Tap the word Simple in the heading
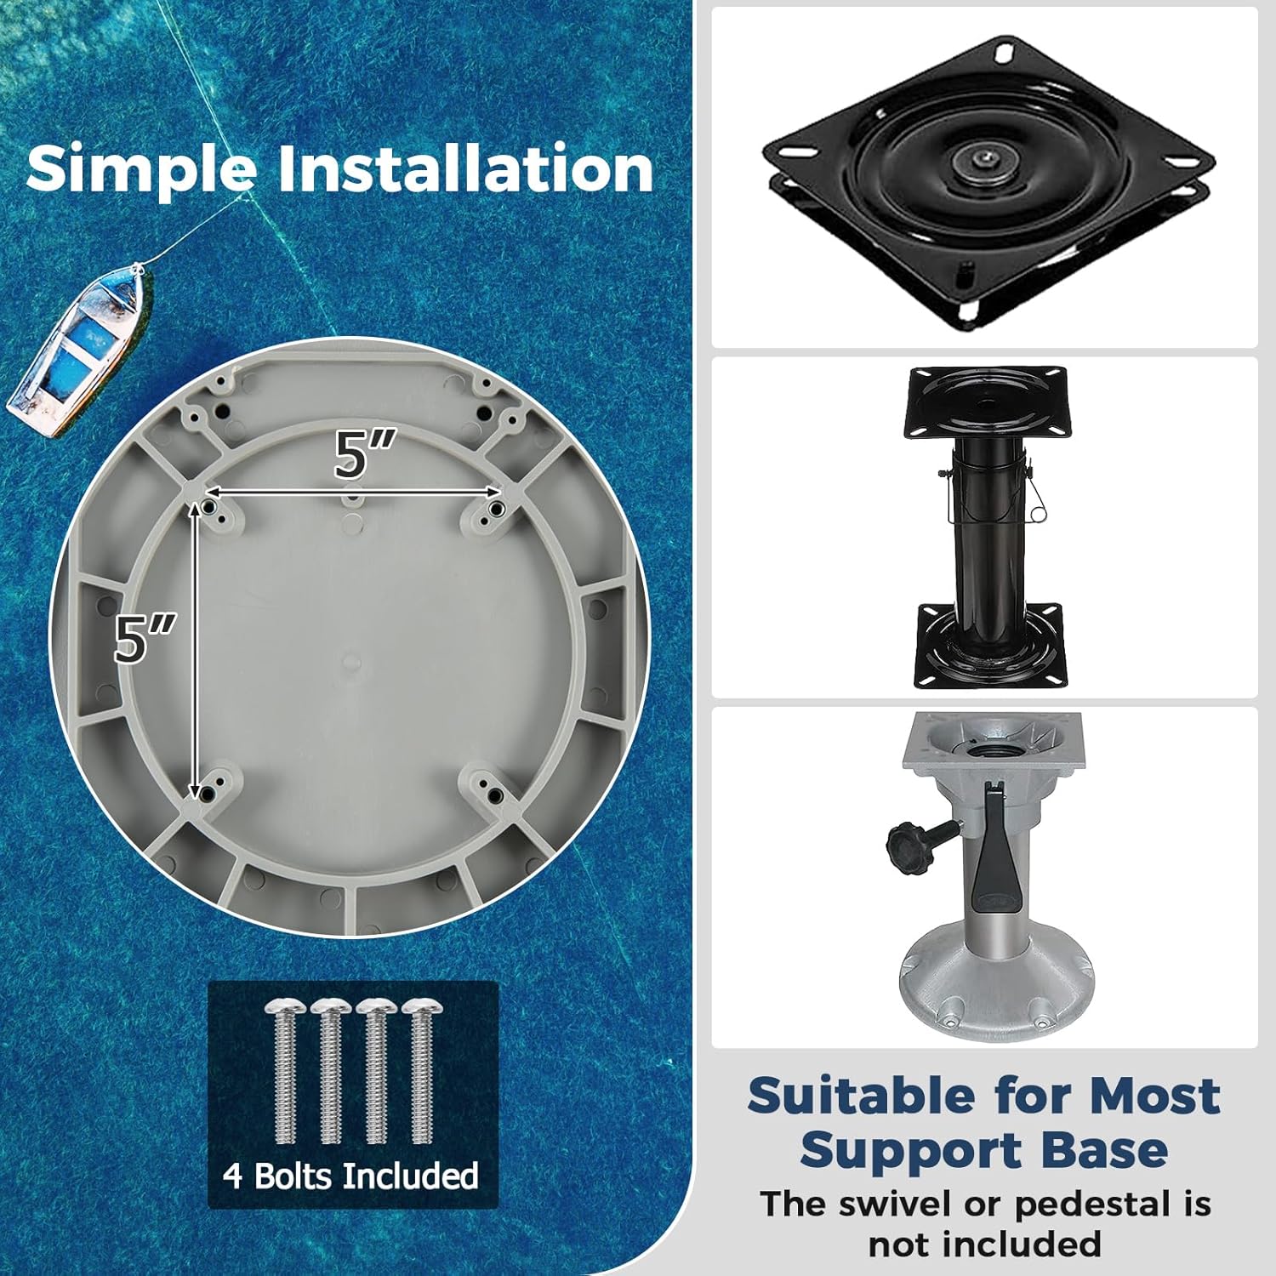point(140,168)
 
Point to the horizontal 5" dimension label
point(364,454)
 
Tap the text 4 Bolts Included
point(351,1176)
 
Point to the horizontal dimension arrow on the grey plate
point(354,492)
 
